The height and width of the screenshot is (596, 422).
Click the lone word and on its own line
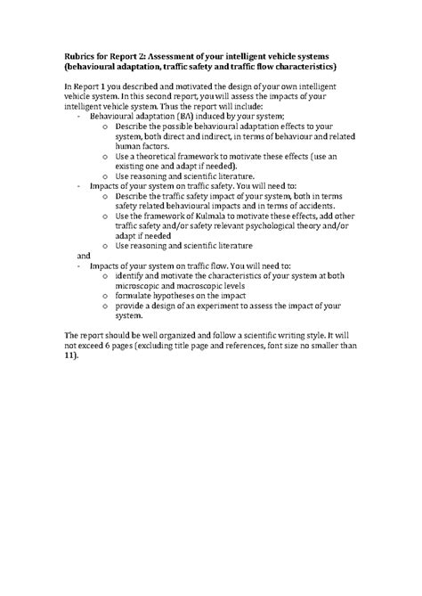[x=74, y=255]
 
